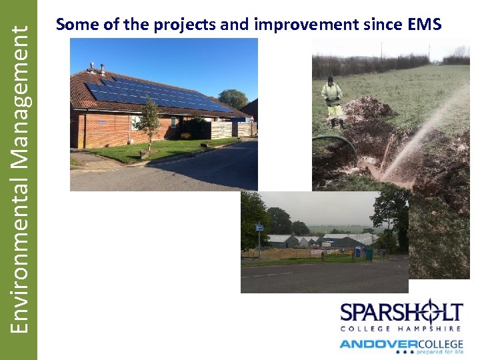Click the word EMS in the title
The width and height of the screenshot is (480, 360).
click(x=423, y=25)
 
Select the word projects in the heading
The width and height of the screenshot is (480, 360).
click(x=183, y=25)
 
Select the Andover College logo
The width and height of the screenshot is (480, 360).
click(x=401, y=346)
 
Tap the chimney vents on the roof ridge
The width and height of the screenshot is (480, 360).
click(x=97, y=67)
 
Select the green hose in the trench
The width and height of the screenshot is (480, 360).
click(x=340, y=143)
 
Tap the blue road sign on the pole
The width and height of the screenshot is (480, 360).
click(x=259, y=228)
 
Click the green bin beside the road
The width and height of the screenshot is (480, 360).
click(x=369, y=253)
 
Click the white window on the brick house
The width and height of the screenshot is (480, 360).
click(x=137, y=122)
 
